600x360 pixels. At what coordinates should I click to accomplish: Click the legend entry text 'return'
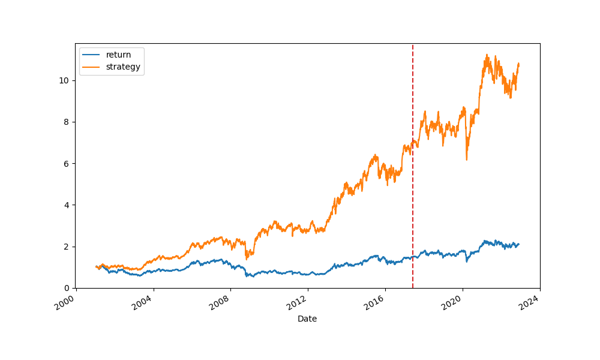click(x=118, y=55)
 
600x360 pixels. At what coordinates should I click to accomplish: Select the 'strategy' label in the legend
click(x=123, y=67)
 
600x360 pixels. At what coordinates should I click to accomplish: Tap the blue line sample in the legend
click(x=92, y=55)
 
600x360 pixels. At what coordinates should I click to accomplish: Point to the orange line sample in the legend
click(x=92, y=67)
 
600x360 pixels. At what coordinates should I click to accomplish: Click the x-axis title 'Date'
click(x=307, y=319)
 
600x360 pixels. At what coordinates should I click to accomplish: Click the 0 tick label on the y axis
click(x=67, y=288)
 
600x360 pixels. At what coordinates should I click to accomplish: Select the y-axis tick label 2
click(x=67, y=247)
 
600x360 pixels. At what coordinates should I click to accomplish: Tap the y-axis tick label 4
click(x=67, y=205)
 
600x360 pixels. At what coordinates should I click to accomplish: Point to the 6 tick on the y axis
click(x=67, y=163)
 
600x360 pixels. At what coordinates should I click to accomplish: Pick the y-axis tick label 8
click(x=67, y=122)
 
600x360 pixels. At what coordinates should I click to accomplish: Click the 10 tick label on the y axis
click(x=65, y=80)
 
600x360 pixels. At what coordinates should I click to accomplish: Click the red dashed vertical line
click(x=413, y=180)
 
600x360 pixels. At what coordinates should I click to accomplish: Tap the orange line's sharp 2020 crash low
click(x=467, y=159)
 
